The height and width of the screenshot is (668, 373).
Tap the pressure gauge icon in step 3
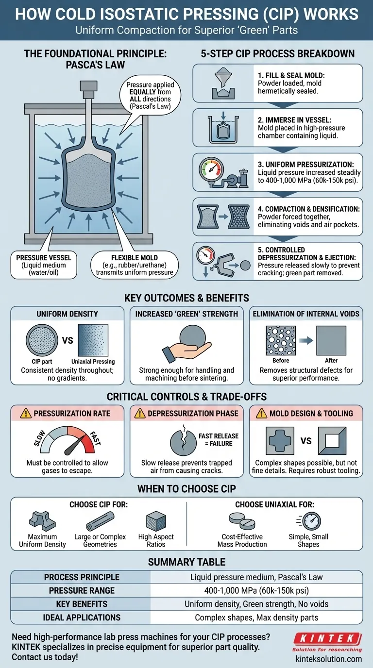[212, 169]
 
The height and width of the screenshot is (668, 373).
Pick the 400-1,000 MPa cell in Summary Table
[256, 591]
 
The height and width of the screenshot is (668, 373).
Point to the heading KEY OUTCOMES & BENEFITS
[186, 298]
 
